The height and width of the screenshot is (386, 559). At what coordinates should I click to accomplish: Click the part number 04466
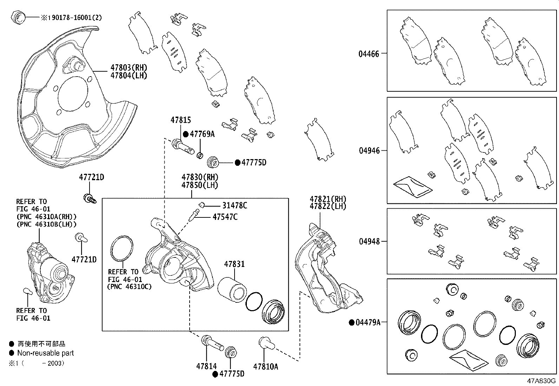pyautogui.click(x=369, y=54)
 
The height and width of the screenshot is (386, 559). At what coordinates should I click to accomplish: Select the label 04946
pyautogui.click(x=369, y=151)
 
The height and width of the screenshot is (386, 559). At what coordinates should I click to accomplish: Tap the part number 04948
pyautogui.click(x=369, y=242)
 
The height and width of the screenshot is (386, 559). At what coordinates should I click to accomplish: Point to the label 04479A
pyautogui.click(x=368, y=322)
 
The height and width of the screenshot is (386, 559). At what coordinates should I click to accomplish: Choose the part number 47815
pyautogui.click(x=181, y=120)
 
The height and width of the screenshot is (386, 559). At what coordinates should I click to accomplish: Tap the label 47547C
pyautogui.click(x=225, y=217)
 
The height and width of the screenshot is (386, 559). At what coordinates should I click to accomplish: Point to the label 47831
pyautogui.click(x=235, y=264)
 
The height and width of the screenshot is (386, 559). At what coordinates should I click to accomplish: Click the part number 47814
pyautogui.click(x=206, y=366)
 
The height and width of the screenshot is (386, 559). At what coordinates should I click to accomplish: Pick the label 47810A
pyautogui.click(x=265, y=366)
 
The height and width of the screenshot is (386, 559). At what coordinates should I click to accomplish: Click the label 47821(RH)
pyautogui.click(x=328, y=198)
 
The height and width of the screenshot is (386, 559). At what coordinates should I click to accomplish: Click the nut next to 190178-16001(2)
pyautogui.click(x=18, y=17)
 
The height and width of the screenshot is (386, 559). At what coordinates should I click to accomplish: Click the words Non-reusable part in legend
pyautogui.click(x=46, y=353)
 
